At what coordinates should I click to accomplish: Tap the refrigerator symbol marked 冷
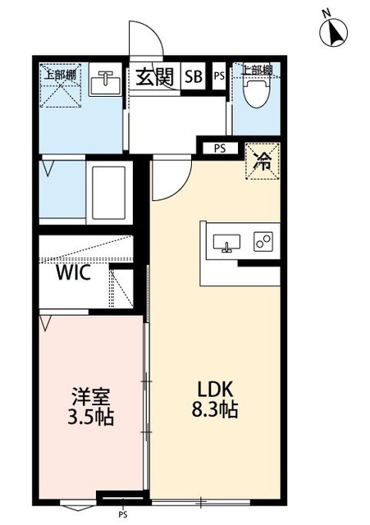pos(263,160)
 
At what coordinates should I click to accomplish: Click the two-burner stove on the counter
pos(263,242)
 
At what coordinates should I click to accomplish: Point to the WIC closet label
pos(74,272)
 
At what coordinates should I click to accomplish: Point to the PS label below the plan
pos(122,515)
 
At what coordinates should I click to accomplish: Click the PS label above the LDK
pos(219,148)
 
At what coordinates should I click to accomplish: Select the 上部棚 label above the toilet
pos(257,71)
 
